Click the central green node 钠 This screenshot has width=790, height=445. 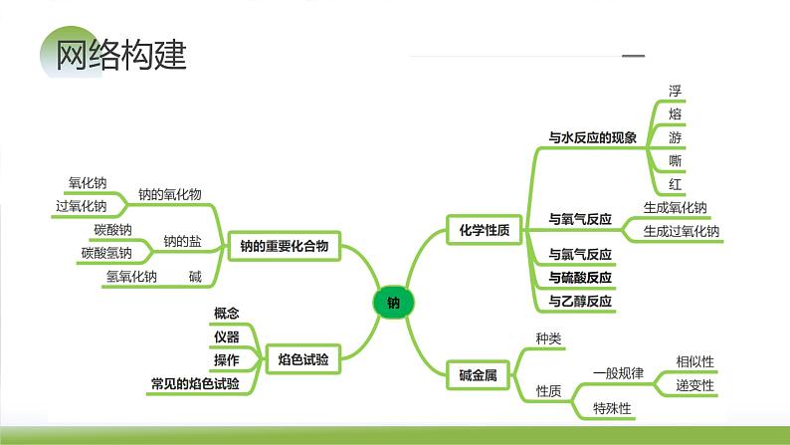[x=393, y=303]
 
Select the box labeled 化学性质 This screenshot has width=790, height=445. [x=484, y=230]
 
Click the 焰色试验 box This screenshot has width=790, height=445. [x=303, y=357]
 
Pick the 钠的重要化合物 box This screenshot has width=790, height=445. [x=285, y=245]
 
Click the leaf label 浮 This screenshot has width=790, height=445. [x=676, y=90]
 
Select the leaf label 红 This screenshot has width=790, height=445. [x=676, y=184]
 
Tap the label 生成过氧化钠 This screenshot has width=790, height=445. [x=681, y=231]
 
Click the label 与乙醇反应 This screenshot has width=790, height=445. [x=580, y=300]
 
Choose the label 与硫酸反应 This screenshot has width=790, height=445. [x=580, y=277]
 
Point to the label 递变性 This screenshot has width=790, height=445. [x=694, y=385]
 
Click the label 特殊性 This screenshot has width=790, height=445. [x=613, y=407]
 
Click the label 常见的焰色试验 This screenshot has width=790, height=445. [x=195, y=383]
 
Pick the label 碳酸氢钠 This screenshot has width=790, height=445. [x=106, y=253]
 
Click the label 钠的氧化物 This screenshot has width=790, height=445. [x=169, y=195]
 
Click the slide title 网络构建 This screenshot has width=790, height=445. [x=122, y=53]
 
